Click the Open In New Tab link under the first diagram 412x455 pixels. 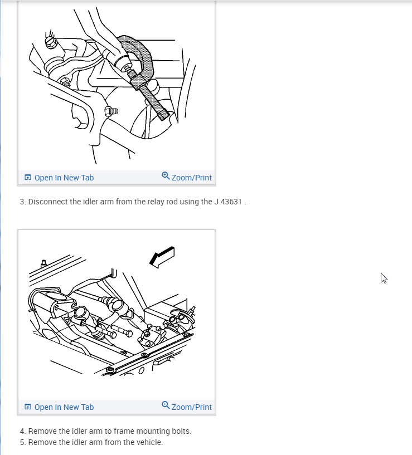[x=59, y=178]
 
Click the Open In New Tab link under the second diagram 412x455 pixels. [x=59, y=407]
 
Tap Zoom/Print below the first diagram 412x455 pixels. [x=187, y=177]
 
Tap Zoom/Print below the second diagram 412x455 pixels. [x=187, y=407]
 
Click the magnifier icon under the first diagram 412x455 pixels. [x=166, y=175]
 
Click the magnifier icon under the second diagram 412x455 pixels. [x=166, y=405]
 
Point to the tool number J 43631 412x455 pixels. [x=228, y=202]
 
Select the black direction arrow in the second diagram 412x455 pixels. [x=162, y=257]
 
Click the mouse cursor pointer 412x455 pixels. [x=384, y=278]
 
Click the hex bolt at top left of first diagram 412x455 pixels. [x=51, y=42]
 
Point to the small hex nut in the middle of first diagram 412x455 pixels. [x=110, y=111]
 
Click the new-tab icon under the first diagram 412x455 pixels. [x=28, y=177]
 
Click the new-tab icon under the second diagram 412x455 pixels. [x=28, y=407]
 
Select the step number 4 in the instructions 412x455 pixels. [x=22, y=431]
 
